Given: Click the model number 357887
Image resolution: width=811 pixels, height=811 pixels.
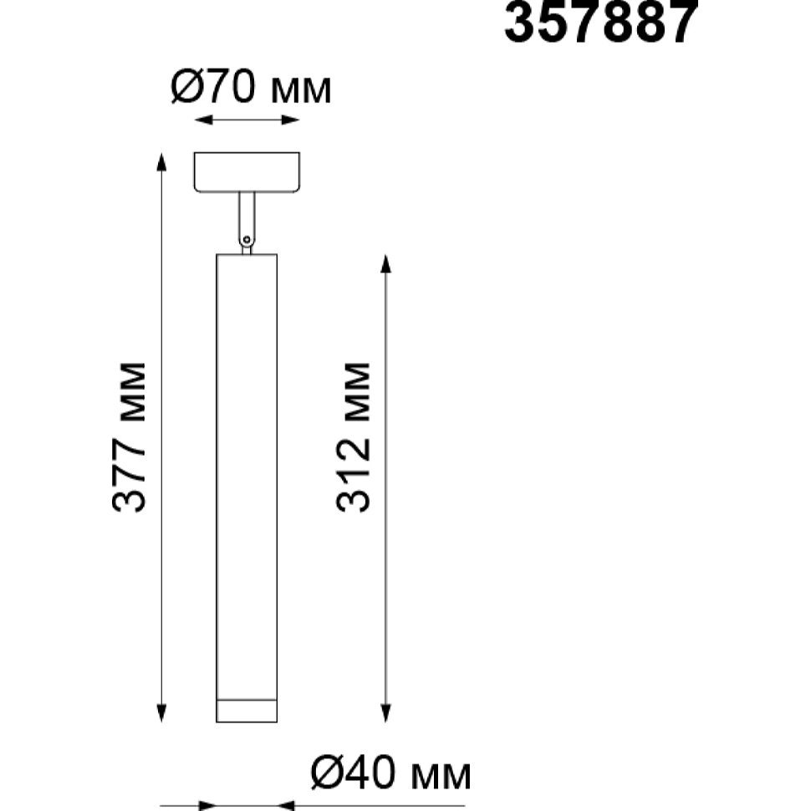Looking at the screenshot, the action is (601, 22).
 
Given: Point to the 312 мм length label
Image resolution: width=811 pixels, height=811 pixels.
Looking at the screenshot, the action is (354, 437).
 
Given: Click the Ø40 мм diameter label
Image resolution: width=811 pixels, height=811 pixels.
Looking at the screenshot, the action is (391, 773).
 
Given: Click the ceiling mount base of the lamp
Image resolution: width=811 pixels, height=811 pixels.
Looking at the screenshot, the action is (247, 172).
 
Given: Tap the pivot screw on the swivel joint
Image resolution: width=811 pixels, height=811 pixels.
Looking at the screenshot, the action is (247, 239).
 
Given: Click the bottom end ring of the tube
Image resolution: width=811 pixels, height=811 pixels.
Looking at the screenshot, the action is (247, 711).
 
